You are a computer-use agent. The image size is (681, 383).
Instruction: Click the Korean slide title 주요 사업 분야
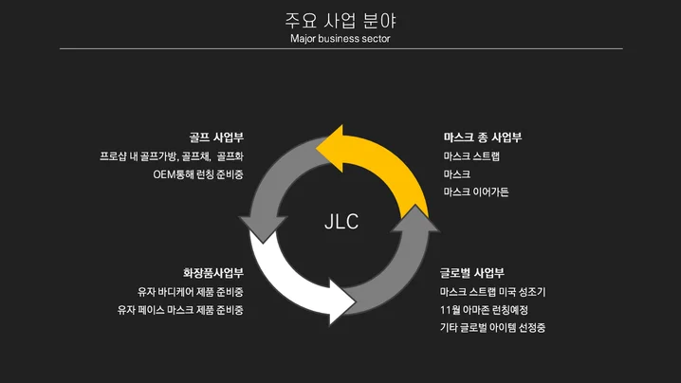point(340,20)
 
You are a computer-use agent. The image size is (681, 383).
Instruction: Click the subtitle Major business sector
point(340,39)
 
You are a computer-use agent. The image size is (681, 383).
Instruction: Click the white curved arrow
point(289,280)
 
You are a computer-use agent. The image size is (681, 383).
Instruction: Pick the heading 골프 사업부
point(216,137)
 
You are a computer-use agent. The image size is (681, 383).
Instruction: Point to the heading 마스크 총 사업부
point(483,137)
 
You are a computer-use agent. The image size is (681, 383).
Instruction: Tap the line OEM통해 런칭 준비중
point(198,174)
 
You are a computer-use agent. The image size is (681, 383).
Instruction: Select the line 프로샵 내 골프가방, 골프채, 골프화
point(172,155)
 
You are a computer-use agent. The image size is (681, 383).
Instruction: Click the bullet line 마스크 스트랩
point(471,155)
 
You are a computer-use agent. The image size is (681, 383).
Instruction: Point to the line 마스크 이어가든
point(476,192)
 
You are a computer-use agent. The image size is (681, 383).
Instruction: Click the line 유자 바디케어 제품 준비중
point(190,292)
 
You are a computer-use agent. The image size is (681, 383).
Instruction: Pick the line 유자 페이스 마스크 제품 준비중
point(180,310)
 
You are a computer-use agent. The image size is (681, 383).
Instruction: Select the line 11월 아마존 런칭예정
point(485,310)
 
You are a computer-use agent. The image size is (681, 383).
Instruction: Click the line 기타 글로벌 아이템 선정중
point(492,328)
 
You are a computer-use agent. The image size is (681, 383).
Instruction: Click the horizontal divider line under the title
point(340,48)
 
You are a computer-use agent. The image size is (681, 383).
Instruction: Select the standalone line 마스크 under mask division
point(456,174)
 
